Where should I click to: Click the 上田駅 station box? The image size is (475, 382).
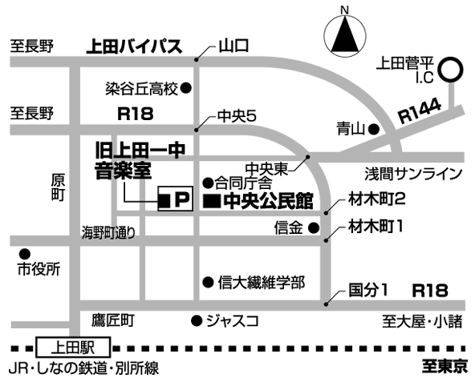point(73,348)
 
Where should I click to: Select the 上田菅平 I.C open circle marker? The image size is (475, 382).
point(452,69)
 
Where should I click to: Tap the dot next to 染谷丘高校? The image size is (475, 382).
point(185,88)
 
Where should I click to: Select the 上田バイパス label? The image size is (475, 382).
point(134,46)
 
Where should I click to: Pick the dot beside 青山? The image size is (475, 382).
point(374,130)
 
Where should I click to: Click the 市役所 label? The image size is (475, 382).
point(39,269)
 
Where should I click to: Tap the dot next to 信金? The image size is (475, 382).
point(314,227)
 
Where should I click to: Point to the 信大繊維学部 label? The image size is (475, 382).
point(261,282)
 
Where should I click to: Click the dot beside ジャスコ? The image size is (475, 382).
point(197,320)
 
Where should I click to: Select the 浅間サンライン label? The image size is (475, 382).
point(413,174)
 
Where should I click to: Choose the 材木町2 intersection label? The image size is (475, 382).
point(376,199)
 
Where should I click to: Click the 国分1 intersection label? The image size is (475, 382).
point(368,290)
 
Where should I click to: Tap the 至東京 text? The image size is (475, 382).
point(445,367)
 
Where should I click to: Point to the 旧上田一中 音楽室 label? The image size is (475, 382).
point(140,161)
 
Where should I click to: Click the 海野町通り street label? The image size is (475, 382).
point(108,232)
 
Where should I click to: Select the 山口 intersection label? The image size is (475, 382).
point(233,46)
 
